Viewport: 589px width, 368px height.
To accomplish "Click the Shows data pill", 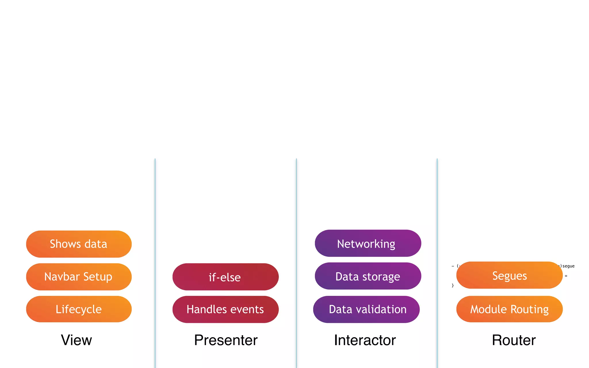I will click(x=79, y=244).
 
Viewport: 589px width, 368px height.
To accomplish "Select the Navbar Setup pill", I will click(x=79, y=277).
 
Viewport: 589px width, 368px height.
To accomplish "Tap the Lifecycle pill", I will click(x=79, y=309).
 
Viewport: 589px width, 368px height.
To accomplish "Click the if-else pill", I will click(x=225, y=277).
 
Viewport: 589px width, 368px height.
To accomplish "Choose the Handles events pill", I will click(x=225, y=309).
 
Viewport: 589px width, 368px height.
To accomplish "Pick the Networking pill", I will click(x=368, y=244).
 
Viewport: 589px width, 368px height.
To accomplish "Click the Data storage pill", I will click(x=368, y=276).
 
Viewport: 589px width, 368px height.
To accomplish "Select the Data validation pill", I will click(x=366, y=309).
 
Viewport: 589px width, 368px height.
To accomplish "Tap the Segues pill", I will click(x=509, y=275).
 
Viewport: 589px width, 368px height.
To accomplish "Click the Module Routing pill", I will click(x=509, y=309).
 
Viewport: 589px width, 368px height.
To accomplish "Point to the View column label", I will click(x=76, y=340).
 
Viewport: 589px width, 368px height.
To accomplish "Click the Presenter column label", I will click(x=226, y=340).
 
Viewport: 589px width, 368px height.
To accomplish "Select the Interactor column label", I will click(x=365, y=340).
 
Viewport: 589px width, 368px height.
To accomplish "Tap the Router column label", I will click(x=514, y=340).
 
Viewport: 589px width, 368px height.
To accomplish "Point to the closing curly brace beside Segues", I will click(x=453, y=285).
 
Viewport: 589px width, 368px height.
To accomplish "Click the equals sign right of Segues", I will click(x=566, y=276).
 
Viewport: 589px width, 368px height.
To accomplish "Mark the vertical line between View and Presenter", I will click(x=155, y=259).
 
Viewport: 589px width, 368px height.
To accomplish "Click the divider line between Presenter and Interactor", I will click(x=296, y=259).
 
